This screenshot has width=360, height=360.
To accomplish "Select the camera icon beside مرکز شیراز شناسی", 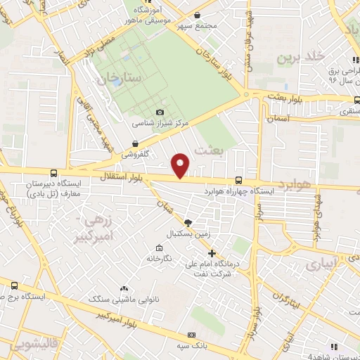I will [160, 112].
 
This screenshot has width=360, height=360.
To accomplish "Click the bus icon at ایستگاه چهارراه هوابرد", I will [238, 181].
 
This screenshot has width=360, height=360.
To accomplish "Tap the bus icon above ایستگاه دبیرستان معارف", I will [54, 173].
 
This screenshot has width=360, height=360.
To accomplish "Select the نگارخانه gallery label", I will [160, 258].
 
